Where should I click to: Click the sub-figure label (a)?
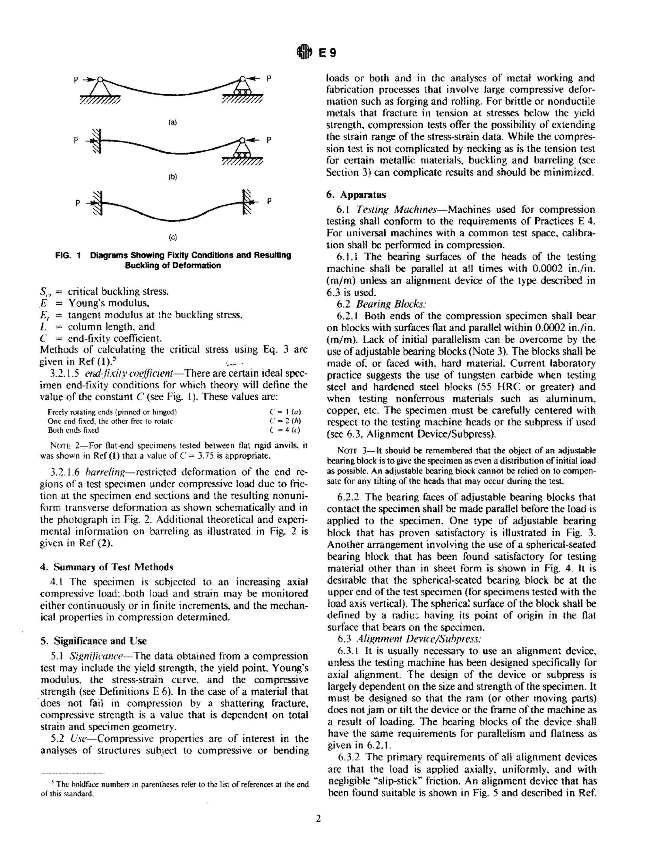tap(172, 122)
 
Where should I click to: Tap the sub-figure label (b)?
tap(172, 177)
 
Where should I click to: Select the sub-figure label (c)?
tap(172, 237)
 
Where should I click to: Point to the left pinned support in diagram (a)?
tap(100, 88)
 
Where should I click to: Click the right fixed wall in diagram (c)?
tap(246, 202)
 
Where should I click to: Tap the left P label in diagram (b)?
tap(77, 140)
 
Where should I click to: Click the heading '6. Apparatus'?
tap(356, 195)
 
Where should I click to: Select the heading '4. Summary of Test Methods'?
tap(107, 567)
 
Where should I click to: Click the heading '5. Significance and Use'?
tap(93, 641)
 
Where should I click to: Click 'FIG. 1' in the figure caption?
tap(68, 255)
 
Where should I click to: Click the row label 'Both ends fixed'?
tap(73, 430)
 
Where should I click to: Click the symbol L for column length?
tap(44, 327)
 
